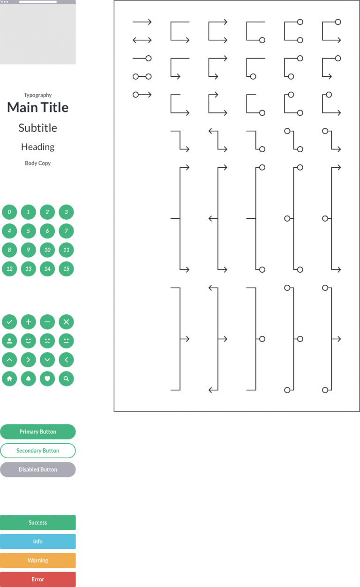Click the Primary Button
click(x=38, y=431)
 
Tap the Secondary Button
click(x=38, y=451)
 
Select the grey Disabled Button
click(x=38, y=469)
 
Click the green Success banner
click(x=38, y=522)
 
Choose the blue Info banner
click(x=38, y=542)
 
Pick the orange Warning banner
click(x=38, y=560)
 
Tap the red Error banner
click(x=38, y=579)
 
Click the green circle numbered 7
click(x=67, y=231)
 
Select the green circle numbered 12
click(x=9, y=268)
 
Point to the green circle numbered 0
click(x=9, y=212)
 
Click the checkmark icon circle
click(x=9, y=322)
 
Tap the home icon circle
click(x=9, y=379)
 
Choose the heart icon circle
click(x=47, y=379)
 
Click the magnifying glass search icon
click(x=67, y=379)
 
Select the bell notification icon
click(x=28, y=379)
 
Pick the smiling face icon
click(x=28, y=341)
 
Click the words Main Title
click(x=38, y=107)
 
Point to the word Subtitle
click(x=38, y=128)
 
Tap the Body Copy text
click(x=38, y=163)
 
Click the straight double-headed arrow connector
click(x=142, y=40)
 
